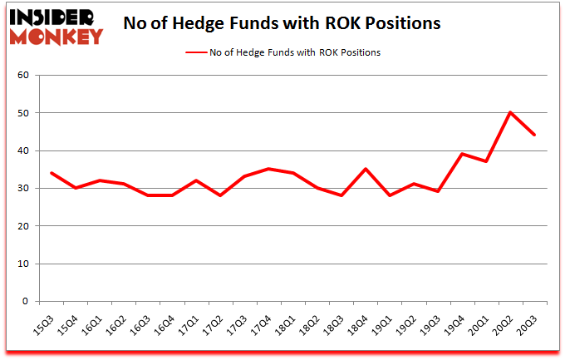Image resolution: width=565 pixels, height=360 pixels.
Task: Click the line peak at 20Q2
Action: (x=509, y=113)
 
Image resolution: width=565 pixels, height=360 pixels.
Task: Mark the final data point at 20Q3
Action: (x=533, y=135)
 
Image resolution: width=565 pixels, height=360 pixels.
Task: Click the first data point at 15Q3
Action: (x=52, y=173)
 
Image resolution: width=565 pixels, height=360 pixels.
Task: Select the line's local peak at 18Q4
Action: (x=365, y=170)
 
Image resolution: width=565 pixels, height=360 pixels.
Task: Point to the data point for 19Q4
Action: (x=461, y=155)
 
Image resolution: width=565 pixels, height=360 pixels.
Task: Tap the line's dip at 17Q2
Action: (x=220, y=195)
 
